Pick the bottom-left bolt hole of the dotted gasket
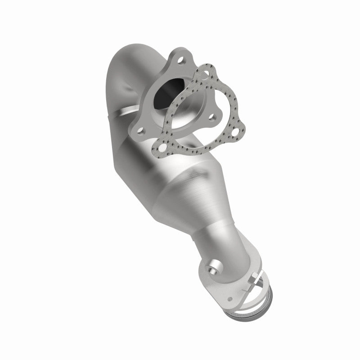tap(161, 148)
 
